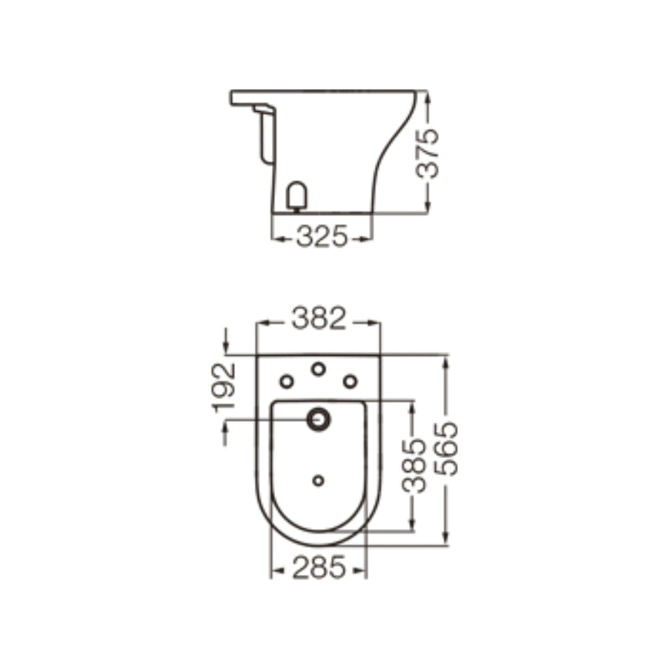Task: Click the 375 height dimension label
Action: point(428,153)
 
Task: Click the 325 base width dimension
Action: point(322,238)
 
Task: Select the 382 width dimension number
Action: point(318,319)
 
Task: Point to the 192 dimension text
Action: point(225,386)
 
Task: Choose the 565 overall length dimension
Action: point(447,449)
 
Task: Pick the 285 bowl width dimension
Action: point(319,568)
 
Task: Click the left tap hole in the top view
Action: point(287,381)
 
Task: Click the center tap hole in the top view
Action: point(319,369)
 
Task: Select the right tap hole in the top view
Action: point(350,381)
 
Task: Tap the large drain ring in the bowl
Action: point(319,419)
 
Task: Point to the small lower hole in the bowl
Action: point(319,481)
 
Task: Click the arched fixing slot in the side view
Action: point(296,196)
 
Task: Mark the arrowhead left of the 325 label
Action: point(278,238)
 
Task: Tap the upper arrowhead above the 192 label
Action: point(226,349)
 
